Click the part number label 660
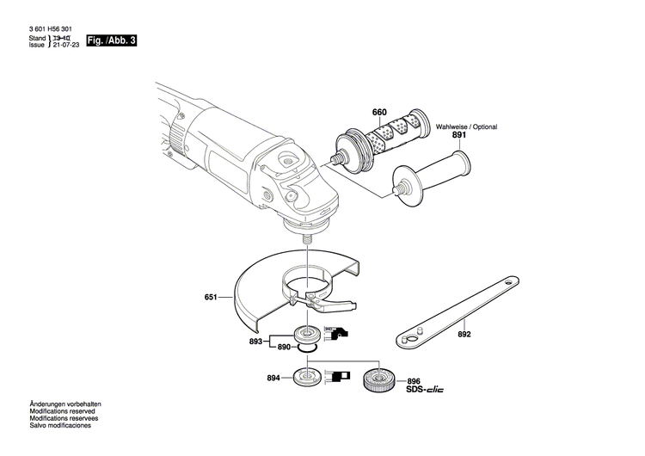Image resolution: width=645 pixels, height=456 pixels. pos(379,113)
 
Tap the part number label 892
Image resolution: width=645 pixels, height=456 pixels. pos(464,334)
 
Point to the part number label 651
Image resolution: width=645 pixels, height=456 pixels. pos(211,299)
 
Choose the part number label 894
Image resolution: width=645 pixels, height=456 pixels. pos(273,378)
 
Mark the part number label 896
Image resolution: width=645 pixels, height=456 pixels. pos(414,381)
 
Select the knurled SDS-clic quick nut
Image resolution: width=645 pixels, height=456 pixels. pos(378,379)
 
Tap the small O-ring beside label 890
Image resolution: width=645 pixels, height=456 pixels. pos(306,348)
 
